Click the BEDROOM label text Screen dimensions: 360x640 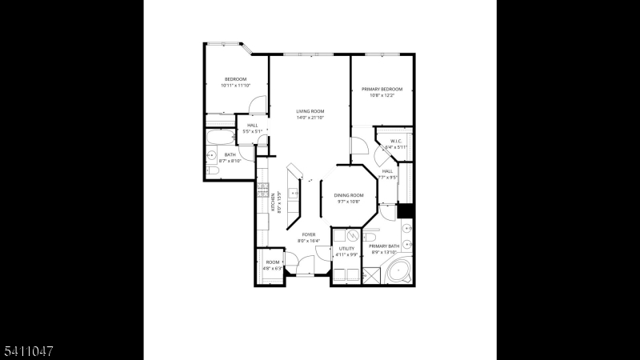click(235, 79)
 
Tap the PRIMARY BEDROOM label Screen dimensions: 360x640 click(382, 89)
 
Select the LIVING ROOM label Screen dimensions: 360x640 click(310, 111)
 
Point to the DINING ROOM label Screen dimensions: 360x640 click(349, 195)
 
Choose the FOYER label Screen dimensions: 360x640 click(309, 234)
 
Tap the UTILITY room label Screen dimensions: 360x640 click(346, 249)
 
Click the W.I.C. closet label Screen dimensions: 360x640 click(396, 142)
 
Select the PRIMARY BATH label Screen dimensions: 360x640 click(384, 246)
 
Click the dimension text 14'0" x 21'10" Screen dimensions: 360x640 click(310, 118)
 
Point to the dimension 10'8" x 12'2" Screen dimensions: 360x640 click(382, 95)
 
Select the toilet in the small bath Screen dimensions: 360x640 click(213, 170)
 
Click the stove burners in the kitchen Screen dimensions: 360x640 click(262, 190)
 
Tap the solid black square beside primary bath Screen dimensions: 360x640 click(405, 210)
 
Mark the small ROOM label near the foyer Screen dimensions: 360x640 click(273, 262)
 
